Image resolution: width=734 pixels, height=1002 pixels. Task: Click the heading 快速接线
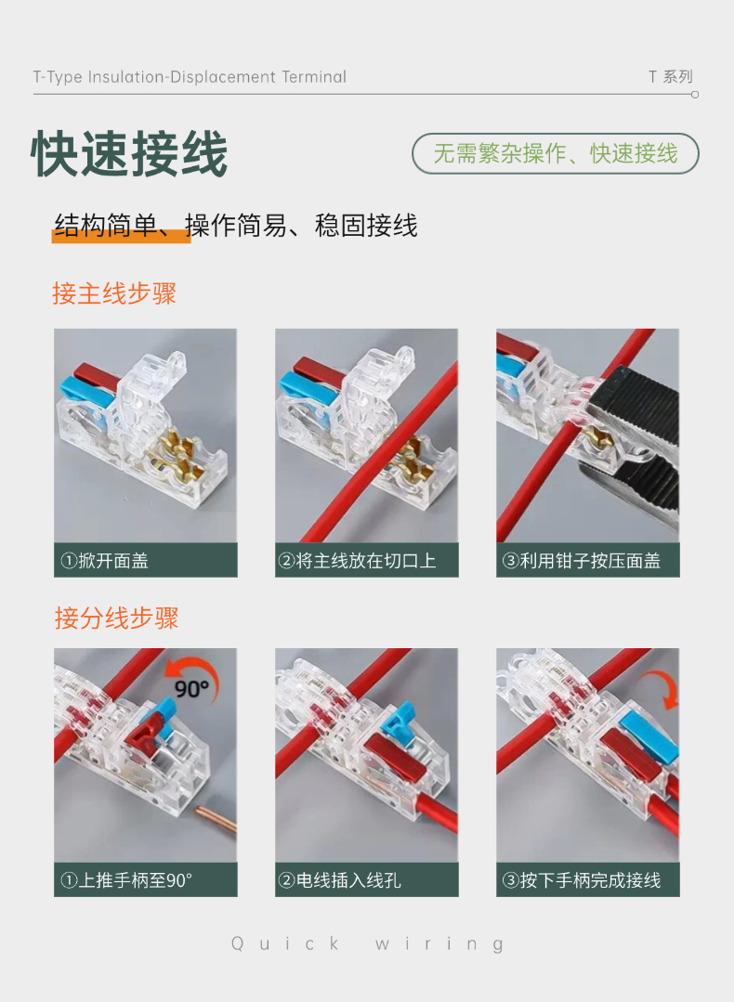pyautogui.click(x=129, y=153)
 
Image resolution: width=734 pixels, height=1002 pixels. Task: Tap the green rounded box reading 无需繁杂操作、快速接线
pyautogui.click(x=555, y=153)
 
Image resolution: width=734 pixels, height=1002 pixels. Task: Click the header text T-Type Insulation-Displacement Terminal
pyautogui.click(x=190, y=77)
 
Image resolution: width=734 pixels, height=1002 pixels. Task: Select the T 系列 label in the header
pyautogui.click(x=670, y=77)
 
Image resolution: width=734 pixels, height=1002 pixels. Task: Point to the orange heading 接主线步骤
pyautogui.click(x=113, y=293)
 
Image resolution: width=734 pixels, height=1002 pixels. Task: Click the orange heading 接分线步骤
pyautogui.click(x=116, y=618)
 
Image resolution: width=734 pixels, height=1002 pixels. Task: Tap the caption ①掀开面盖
pyautogui.click(x=104, y=560)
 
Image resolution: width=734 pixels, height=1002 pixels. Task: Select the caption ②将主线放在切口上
pyautogui.click(x=357, y=560)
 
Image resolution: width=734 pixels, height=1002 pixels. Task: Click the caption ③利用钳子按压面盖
pyautogui.click(x=582, y=560)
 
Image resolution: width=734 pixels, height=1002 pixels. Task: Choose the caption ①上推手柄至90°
pyautogui.click(x=126, y=880)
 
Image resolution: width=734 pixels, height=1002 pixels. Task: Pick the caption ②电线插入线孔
pyautogui.click(x=339, y=880)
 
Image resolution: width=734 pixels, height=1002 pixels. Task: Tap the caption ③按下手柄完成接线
pyautogui.click(x=582, y=880)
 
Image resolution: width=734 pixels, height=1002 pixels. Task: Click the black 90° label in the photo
pyautogui.click(x=191, y=688)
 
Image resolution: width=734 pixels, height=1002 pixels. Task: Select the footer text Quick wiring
pyautogui.click(x=368, y=943)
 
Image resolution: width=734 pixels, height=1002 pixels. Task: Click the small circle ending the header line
pyautogui.click(x=695, y=95)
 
